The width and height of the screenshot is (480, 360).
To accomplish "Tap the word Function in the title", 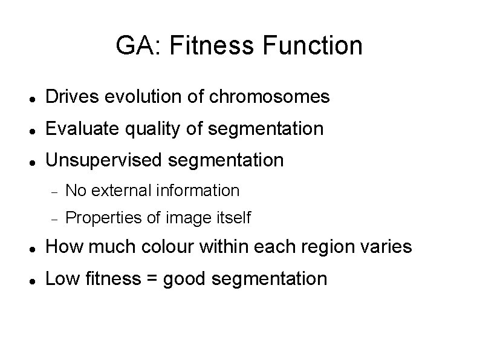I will pos(306,45).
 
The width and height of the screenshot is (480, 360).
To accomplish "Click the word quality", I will pos(145,128).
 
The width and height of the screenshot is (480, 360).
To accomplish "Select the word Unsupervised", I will pos(104,160).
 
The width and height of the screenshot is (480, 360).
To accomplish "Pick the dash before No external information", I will pos(53,191).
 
